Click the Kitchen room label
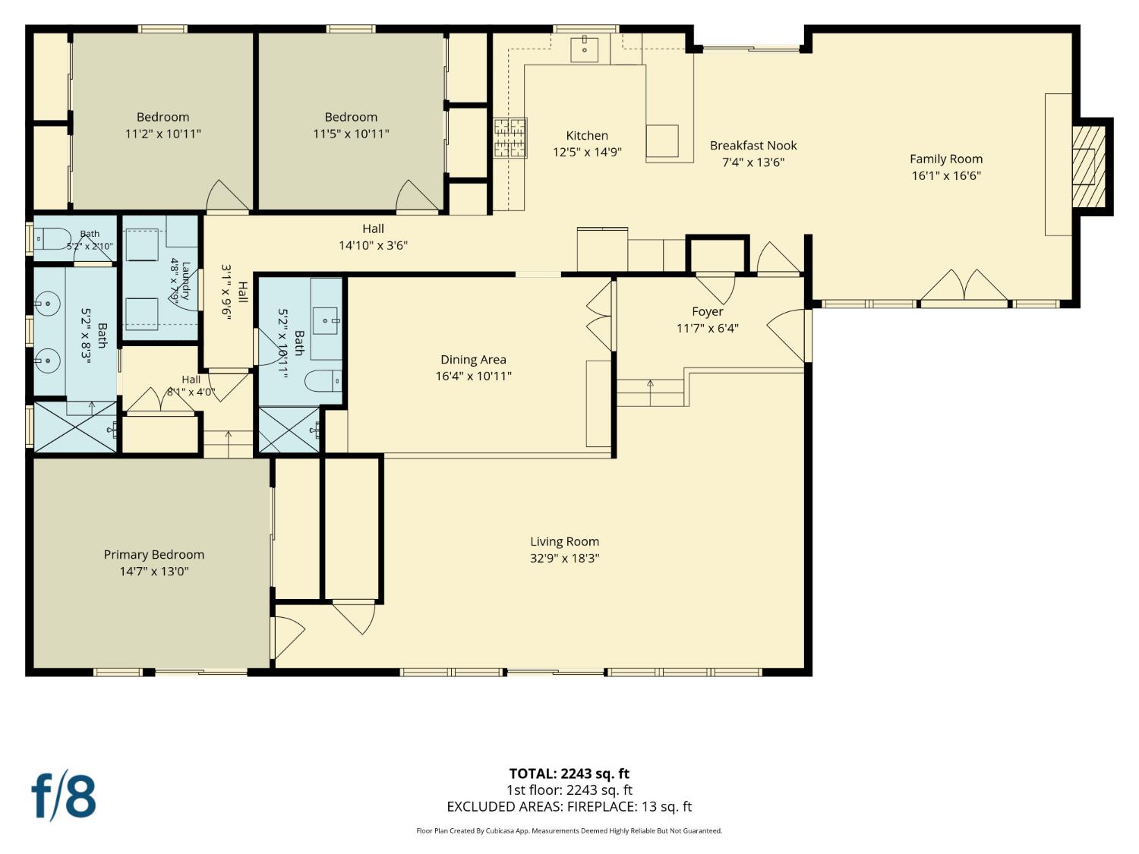(x=587, y=135)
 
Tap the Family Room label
(x=946, y=159)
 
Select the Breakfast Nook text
(x=753, y=145)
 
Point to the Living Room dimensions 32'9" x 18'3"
(x=565, y=558)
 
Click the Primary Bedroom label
(x=154, y=555)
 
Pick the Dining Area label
(x=473, y=359)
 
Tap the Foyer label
(x=707, y=312)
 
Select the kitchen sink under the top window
(x=584, y=49)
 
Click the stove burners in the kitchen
(x=510, y=137)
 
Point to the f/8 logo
(x=64, y=796)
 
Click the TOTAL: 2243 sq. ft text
(x=569, y=774)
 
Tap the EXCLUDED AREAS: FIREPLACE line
(x=569, y=806)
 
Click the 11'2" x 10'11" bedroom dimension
(x=163, y=134)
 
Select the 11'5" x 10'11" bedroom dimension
(x=351, y=134)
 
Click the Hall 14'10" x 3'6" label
(x=373, y=237)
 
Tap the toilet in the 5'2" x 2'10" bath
(x=52, y=238)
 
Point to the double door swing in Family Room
(x=964, y=285)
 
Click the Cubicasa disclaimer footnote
(x=569, y=830)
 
